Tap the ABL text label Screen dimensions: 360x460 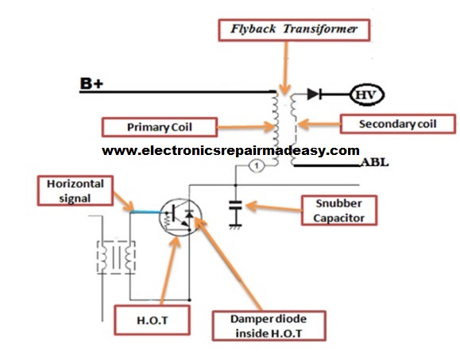pos(374,163)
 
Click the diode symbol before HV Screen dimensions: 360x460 pos(315,95)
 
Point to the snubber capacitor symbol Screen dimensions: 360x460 pos(234,205)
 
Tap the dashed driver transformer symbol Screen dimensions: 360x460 pos(114,256)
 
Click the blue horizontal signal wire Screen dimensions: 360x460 pos(145,211)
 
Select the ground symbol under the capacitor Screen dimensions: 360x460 pos(234,226)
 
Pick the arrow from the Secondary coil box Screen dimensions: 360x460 pos(317,124)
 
